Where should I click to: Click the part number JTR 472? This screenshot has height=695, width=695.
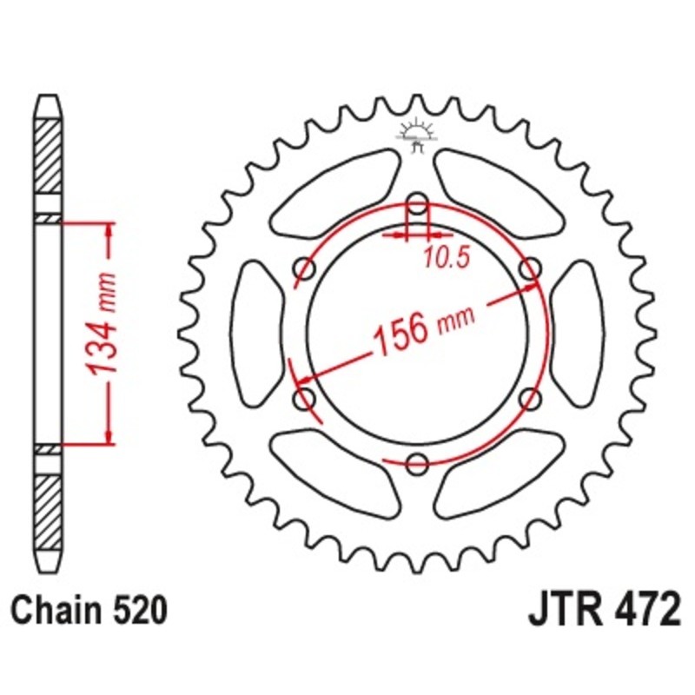coord(603,609)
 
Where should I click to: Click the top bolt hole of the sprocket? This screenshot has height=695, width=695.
coord(418,205)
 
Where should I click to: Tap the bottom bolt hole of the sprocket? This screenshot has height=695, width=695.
coord(418,462)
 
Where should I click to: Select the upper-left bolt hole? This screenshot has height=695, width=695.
coord(305,270)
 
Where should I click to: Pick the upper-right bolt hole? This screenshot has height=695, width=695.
coord(530,270)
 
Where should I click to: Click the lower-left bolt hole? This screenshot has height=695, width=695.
coord(305,399)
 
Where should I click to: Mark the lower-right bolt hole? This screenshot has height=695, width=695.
coord(530,399)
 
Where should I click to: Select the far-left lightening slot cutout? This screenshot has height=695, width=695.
coord(256,334)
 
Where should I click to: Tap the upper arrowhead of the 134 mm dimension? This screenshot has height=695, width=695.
coord(109,228)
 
